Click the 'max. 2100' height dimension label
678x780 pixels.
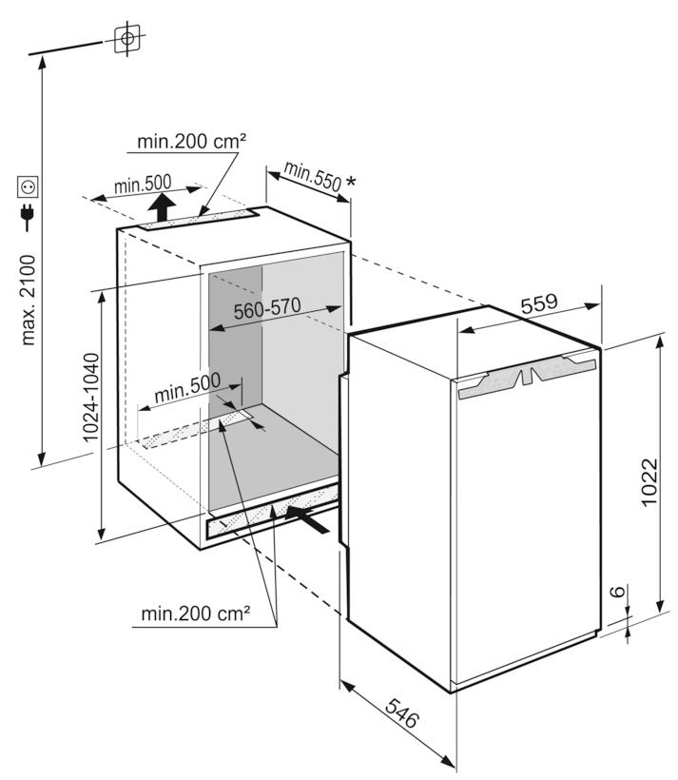pos(29,301)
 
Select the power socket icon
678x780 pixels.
pos(28,186)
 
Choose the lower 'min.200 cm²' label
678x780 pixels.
pos(196,614)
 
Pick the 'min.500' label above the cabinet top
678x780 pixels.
pos(143,184)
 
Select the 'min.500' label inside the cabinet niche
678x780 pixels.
pos(187,387)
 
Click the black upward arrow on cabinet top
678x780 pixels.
pos(164,205)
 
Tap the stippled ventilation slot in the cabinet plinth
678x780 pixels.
pos(271,511)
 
